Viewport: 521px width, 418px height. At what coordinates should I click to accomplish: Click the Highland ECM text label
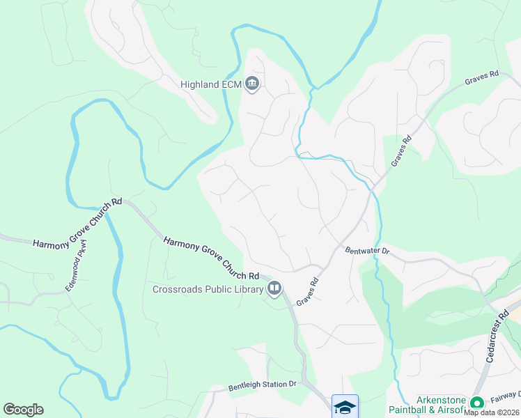coord(210,85)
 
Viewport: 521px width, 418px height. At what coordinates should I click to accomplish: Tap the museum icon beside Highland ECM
coord(251,84)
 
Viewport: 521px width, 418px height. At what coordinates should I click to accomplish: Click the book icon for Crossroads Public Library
coord(274,288)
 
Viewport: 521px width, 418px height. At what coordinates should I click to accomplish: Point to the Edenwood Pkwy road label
coord(75,265)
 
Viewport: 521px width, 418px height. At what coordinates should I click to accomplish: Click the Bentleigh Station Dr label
coord(263,385)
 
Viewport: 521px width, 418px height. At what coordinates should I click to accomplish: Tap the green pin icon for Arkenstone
coord(477,403)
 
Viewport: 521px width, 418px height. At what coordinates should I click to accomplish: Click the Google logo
coord(23,410)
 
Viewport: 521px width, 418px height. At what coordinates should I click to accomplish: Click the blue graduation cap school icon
coord(345,407)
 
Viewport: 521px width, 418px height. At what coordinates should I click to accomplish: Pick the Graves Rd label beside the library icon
coord(306,292)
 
